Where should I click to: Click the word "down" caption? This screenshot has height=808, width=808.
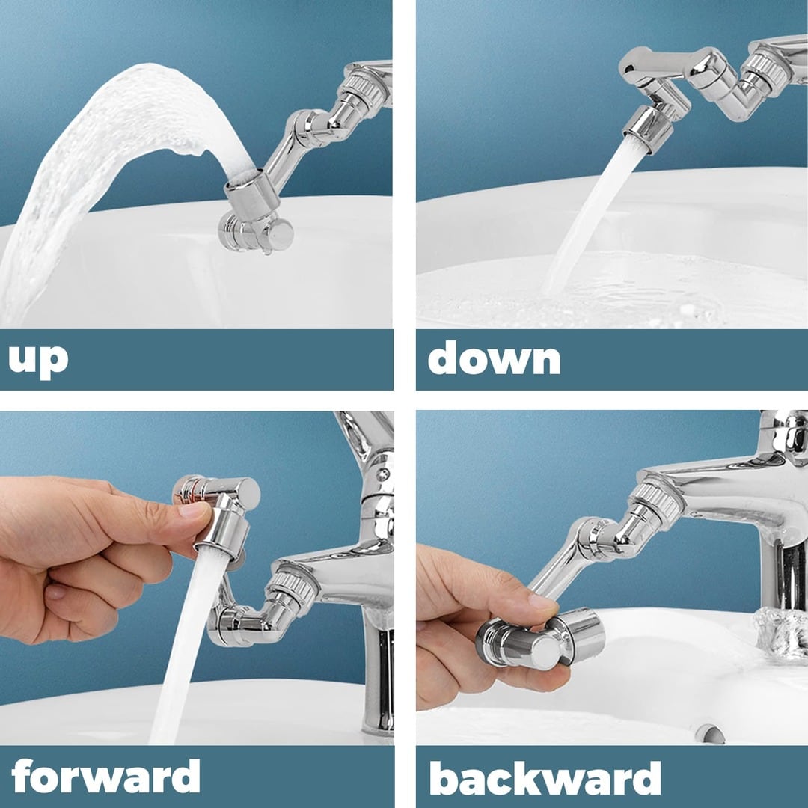click(x=494, y=359)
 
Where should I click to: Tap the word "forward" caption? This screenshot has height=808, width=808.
click(x=105, y=776)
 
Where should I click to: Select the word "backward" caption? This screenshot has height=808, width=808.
click(x=545, y=777)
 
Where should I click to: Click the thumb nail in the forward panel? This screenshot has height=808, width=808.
click(x=193, y=512)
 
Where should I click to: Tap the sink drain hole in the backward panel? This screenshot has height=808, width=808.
click(x=709, y=732)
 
